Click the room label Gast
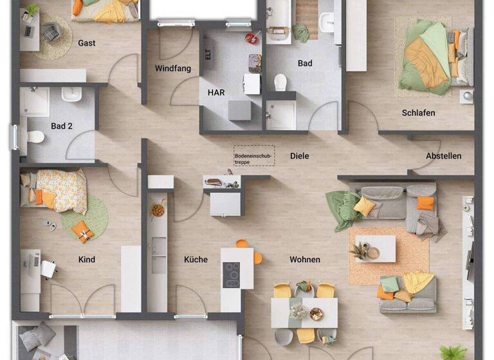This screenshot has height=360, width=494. pyautogui.click(x=87, y=43)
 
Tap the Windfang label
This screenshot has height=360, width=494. pyautogui.click(x=173, y=69)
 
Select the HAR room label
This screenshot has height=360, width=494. pyautogui.click(x=216, y=93)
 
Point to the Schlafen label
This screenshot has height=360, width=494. pyautogui.click(x=418, y=113)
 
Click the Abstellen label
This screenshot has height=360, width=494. pyautogui.click(x=443, y=156)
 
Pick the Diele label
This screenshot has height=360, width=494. pyautogui.click(x=299, y=156)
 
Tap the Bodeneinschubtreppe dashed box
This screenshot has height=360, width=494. pyautogui.click(x=253, y=156)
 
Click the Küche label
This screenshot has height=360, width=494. pyautogui.click(x=196, y=260)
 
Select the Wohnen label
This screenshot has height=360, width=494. pyautogui.click(x=304, y=260)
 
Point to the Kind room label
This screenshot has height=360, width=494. pyautogui.click(x=87, y=260)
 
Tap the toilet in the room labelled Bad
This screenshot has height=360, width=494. pyautogui.click(x=280, y=82)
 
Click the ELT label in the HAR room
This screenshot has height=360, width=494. pyautogui.click(x=208, y=55)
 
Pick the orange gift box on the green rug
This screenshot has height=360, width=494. pyautogui.click(x=82, y=231)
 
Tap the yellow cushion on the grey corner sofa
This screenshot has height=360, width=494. pyautogui.click(x=364, y=205)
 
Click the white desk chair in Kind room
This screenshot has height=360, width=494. pyautogui.click(x=48, y=269)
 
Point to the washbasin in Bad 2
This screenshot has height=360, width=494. pyautogui.click(x=71, y=95)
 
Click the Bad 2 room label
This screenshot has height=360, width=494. pyautogui.click(x=62, y=126)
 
